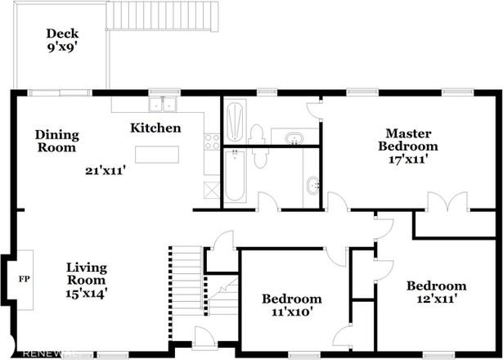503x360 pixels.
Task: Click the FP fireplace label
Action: pyautogui.click(x=25, y=279)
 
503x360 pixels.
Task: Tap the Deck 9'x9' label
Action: pyautogui.click(x=62, y=40)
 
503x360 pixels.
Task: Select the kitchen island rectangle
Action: pyautogui.click(x=157, y=155)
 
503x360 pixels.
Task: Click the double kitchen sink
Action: pyautogui.click(x=163, y=104)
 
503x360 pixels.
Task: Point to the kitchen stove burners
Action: pyautogui.click(x=212, y=142)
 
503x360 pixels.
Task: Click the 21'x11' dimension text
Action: pyautogui.click(x=105, y=170)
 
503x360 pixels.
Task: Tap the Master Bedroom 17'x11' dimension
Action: pyautogui.click(x=408, y=160)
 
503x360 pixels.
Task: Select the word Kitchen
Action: pyautogui.click(x=155, y=128)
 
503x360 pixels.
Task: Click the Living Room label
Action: pyautogui.click(x=87, y=274)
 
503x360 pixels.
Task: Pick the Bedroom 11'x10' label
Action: pyautogui.click(x=292, y=305)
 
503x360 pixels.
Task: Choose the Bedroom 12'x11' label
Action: pyautogui.click(x=437, y=292)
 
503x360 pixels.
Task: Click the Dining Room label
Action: pyautogui.click(x=56, y=142)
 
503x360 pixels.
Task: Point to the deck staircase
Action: pyautogui.click(x=162, y=16)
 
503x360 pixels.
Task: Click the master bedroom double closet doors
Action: pyautogui.click(x=447, y=201)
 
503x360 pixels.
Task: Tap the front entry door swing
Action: pyautogui.click(x=204, y=336)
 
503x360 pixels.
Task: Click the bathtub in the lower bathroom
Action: pyautogui.click(x=235, y=176)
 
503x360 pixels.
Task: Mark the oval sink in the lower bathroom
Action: pyautogui.click(x=312, y=185)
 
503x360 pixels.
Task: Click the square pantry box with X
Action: pyautogui.click(x=212, y=190)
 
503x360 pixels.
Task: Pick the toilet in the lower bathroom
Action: pyautogui.click(x=260, y=158)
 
